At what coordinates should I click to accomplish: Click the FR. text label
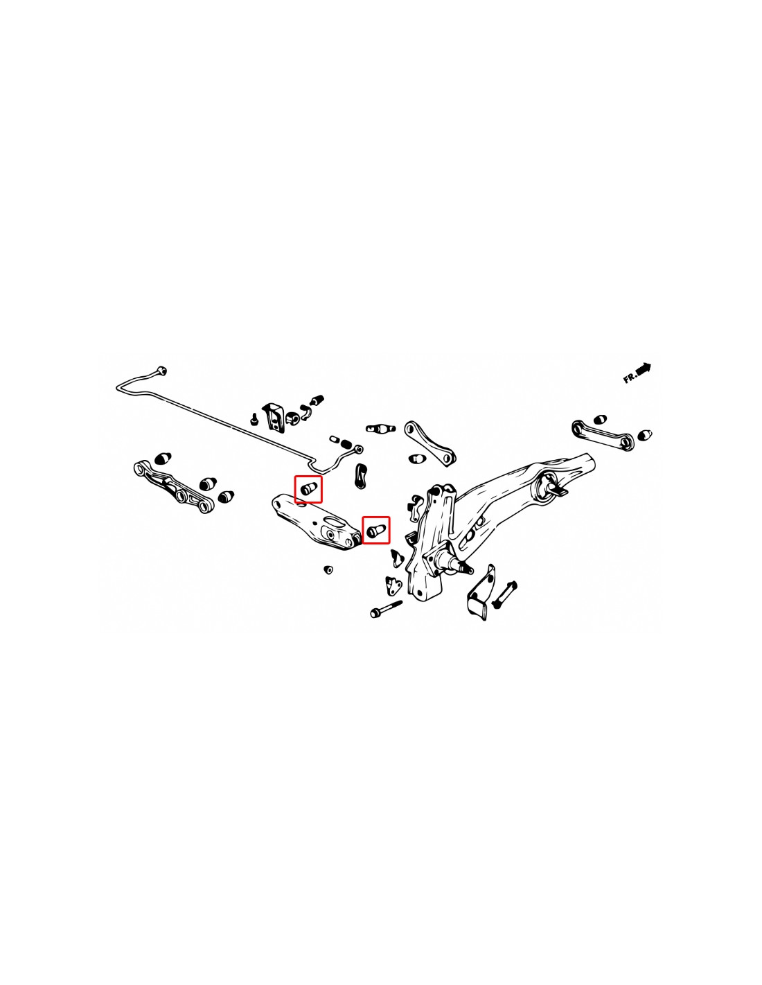click(630, 378)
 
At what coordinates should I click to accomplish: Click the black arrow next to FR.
click(644, 368)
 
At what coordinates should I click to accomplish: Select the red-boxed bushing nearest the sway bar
click(308, 489)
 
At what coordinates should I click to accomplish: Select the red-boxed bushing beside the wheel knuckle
click(375, 530)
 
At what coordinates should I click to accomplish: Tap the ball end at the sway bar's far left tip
click(161, 371)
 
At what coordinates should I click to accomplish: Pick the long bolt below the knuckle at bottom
click(386, 609)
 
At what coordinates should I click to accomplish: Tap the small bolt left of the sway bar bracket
click(254, 419)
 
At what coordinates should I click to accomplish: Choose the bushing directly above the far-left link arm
click(163, 459)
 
